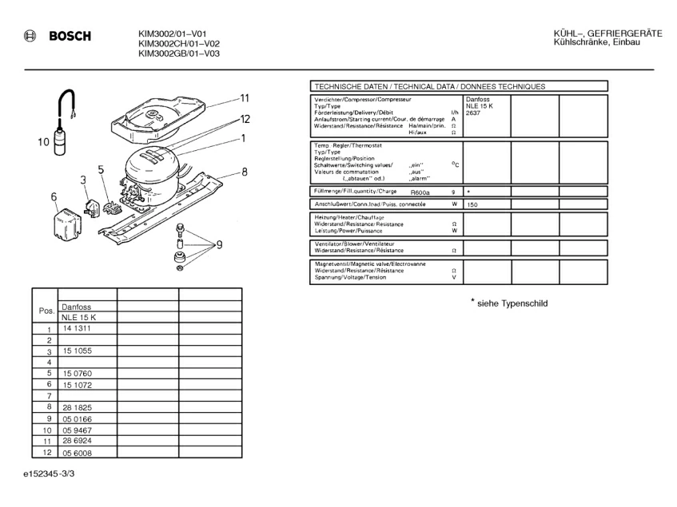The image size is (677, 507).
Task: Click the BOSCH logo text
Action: pos(70,36)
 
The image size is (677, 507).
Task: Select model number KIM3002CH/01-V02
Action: pos(179,44)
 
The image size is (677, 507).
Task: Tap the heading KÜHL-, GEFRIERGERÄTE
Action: pos(607,33)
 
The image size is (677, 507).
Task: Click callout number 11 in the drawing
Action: pos(245,98)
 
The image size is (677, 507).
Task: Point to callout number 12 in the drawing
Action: pos(245,119)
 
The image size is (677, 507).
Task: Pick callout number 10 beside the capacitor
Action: pos(44,143)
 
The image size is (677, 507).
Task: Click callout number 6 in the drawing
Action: pos(54,196)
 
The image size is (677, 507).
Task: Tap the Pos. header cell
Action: pos(46,311)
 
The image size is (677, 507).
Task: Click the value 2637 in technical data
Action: pos(475,113)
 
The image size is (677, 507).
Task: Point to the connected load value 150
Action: pos(472,205)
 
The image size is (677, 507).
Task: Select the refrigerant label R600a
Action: pos(420,192)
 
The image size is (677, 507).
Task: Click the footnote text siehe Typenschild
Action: pos(512,303)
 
